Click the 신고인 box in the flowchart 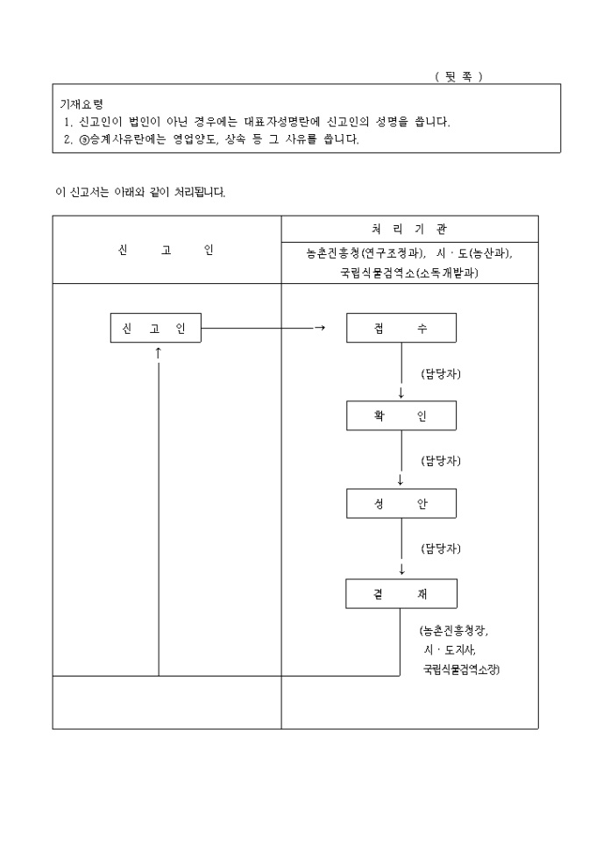pos(155,329)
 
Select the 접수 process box pos(401,329)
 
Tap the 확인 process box pos(401,416)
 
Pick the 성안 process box pos(401,504)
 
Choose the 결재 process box pos(401,594)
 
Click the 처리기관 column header pos(409,229)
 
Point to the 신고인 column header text pos(166,250)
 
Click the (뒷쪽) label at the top pos(458,76)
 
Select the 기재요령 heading pos(81,103)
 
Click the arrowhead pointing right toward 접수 pos(320,329)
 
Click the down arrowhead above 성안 pos(401,481)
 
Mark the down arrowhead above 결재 pos(401,570)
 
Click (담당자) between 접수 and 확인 pos(441,373)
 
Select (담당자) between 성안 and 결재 pos(441,549)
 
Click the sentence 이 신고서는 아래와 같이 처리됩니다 pos(140,193)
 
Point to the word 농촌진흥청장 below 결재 pos(455,631)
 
